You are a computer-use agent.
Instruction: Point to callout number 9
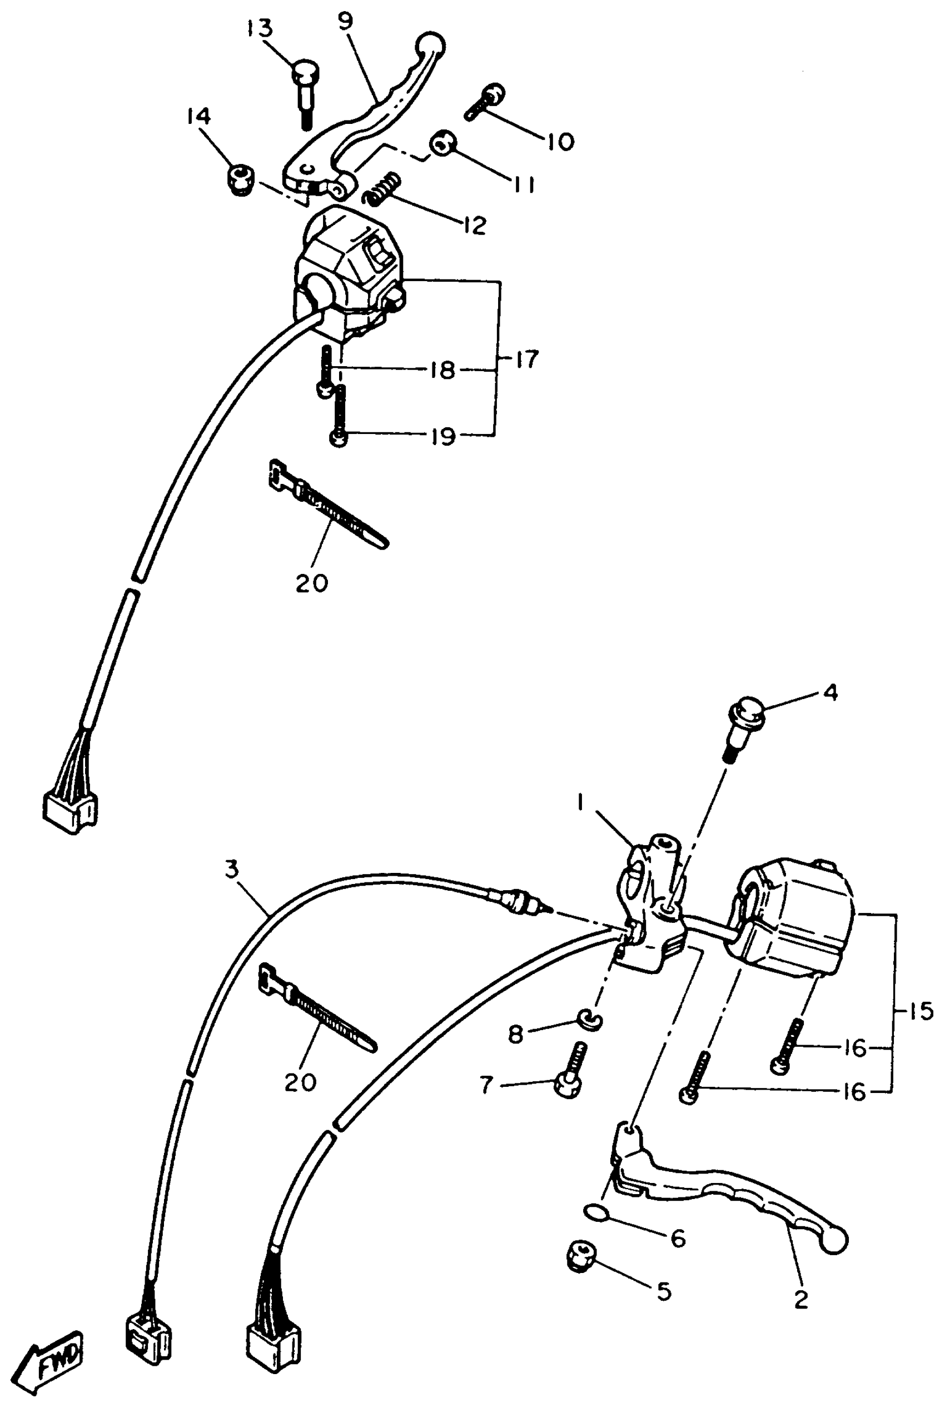tap(345, 22)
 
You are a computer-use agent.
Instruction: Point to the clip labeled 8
tap(589, 1020)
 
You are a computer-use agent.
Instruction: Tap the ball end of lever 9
tap(431, 45)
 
